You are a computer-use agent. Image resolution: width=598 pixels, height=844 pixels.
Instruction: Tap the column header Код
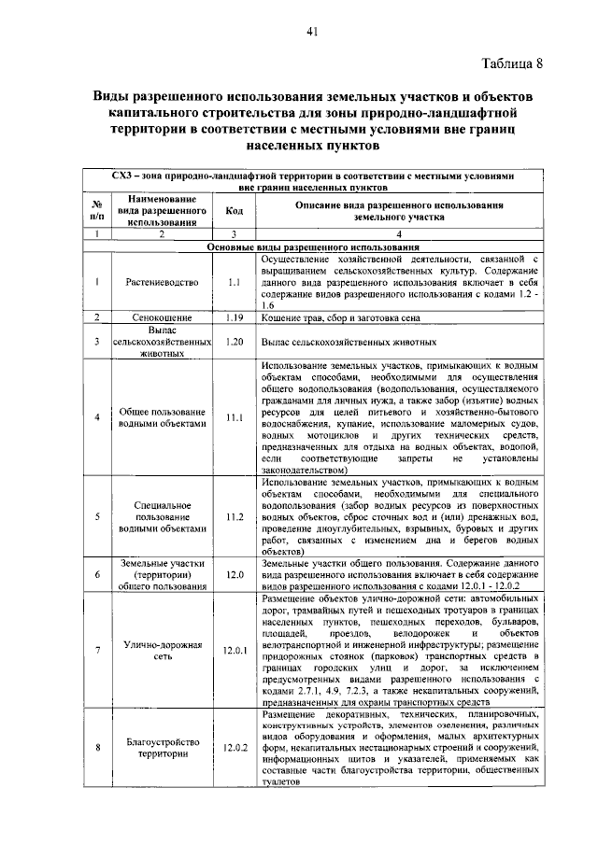pyautogui.click(x=235, y=211)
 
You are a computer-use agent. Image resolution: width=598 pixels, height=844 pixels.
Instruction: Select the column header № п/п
pyautogui.click(x=96, y=211)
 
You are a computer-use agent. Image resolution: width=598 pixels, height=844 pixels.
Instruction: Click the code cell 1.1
pyautogui.click(x=235, y=280)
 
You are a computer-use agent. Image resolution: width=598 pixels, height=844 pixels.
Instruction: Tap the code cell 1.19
pyautogui.click(x=235, y=317)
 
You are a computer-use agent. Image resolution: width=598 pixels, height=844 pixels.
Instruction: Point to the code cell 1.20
pyautogui.click(x=235, y=342)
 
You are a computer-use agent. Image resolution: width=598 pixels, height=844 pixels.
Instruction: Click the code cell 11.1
pyautogui.click(x=235, y=416)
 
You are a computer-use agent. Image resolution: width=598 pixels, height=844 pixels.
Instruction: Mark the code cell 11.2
pyautogui.click(x=235, y=515)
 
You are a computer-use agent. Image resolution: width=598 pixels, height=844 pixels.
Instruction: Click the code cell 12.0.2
pyautogui.click(x=235, y=747)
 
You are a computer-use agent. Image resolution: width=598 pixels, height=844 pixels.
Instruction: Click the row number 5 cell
pyautogui.click(x=96, y=515)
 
